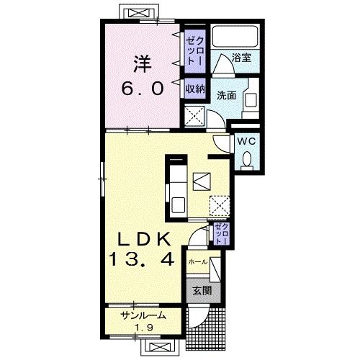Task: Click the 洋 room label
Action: [143, 64]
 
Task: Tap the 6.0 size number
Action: [143, 88]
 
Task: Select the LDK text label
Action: [144, 239]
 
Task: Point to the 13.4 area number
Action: [141, 259]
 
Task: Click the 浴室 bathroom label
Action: [241, 58]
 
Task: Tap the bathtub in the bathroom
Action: [235, 37]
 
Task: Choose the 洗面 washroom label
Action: [227, 95]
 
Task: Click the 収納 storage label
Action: [195, 89]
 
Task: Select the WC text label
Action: [246, 142]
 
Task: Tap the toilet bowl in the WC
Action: [247, 159]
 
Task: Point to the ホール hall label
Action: [198, 262]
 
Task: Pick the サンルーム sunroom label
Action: [143, 315]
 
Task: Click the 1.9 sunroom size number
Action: [144, 328]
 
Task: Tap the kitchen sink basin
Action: [178, 205]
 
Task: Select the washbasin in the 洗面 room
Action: [250, 100]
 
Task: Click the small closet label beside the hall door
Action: [222, 233]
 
